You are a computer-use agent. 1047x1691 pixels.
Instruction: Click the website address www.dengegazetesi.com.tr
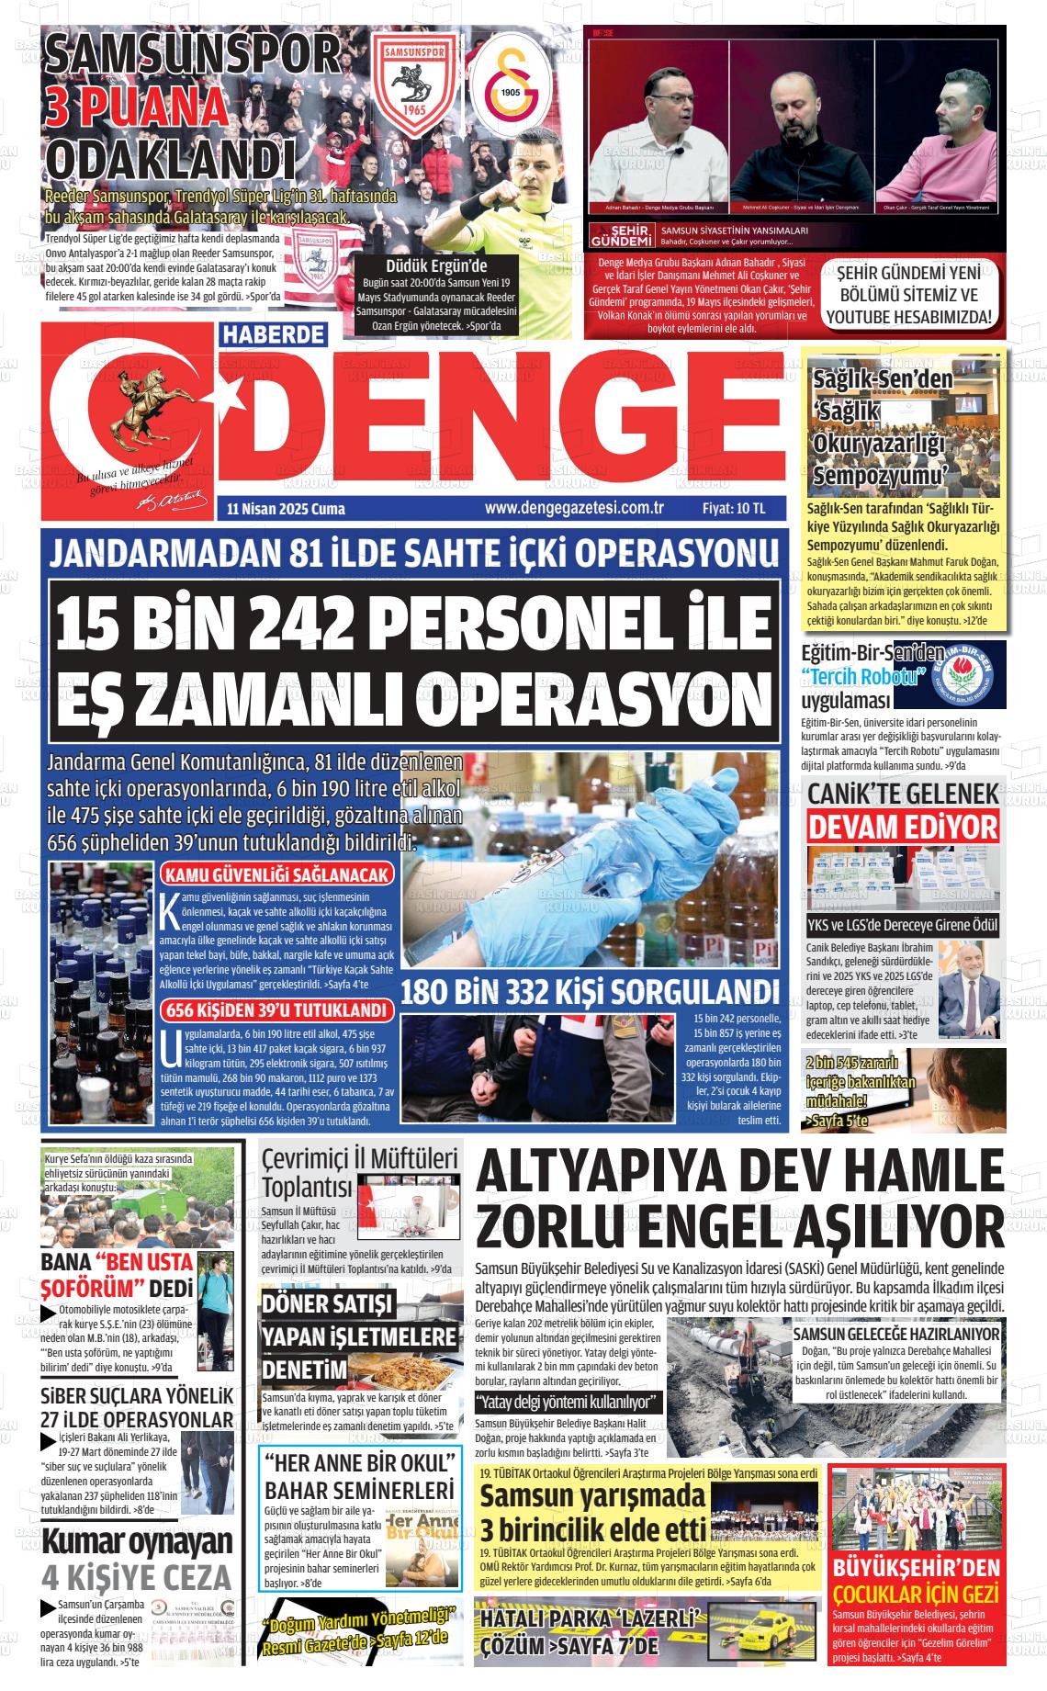(574, 508)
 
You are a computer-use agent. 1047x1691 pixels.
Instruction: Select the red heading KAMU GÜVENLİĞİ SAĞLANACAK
(276, 875)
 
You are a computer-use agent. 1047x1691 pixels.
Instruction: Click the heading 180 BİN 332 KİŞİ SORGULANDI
(591, 993)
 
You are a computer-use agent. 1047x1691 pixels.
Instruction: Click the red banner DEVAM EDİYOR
(903, 826)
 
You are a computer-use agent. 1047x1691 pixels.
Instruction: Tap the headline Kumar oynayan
(138, 1540)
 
